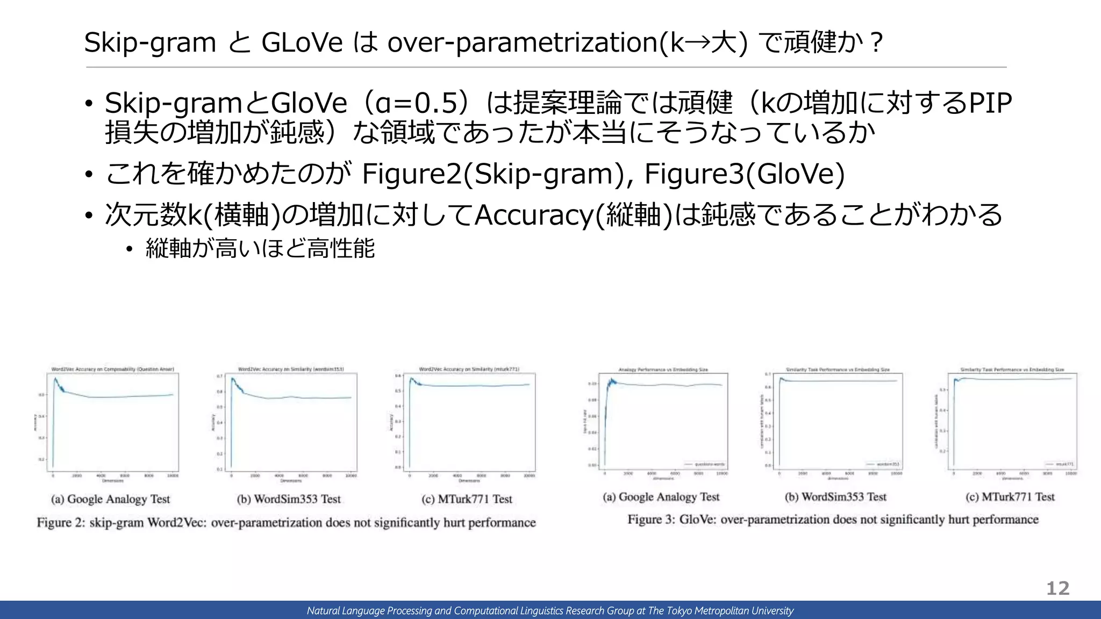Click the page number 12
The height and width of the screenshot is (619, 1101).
point(1057,588)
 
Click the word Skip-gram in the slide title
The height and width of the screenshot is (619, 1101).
point(150,42)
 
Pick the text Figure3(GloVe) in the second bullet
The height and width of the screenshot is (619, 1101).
point(744,174)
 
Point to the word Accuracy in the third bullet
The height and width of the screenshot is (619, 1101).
point(533,215)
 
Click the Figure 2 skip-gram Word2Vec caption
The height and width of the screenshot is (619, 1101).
point(286,523)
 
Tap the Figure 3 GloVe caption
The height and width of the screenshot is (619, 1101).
point(833,520)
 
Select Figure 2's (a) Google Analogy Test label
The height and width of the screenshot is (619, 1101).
point(111,499)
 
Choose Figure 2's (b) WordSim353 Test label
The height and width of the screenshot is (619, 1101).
point(289,499)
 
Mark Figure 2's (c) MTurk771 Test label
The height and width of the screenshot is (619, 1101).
point(467,499)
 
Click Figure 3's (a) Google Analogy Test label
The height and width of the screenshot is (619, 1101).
point(661,497)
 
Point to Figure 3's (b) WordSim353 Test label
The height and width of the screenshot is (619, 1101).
point(835,497)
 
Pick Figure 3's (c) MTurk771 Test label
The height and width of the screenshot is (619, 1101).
point(1010,497)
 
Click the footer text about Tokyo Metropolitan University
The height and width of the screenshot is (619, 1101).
point(550,610)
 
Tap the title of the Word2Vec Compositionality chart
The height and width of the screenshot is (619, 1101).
point(112,369)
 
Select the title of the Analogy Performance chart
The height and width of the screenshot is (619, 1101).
point(663,370)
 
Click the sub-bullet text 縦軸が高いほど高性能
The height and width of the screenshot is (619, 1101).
point(260,249)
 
